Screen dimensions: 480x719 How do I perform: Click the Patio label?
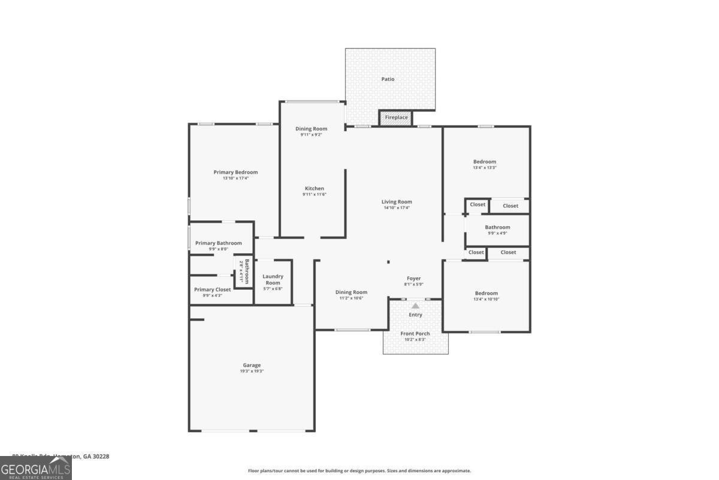(x=388, y=79)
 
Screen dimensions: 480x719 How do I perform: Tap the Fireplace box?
(x=396, y=118)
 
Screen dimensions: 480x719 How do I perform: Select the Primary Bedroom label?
(x=235, y=172)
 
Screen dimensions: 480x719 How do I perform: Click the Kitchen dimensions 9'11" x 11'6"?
(x=314, y=194)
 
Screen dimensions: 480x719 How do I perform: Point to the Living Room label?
(x=397, y=202)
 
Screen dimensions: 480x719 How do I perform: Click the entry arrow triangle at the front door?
(x=415, y=306)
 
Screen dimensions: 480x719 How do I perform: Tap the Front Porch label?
(x=415, y=334)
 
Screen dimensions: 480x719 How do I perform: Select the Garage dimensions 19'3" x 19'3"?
(x=252, y=371)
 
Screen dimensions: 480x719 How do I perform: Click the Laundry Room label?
(x=273, y=280)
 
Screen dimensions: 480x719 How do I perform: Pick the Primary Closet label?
(x=213, y=290)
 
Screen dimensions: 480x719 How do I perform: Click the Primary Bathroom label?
(x=219, y=243)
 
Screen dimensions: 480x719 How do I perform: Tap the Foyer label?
(x=413, y=278)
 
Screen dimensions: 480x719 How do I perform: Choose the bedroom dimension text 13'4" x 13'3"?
(x=484, y=168)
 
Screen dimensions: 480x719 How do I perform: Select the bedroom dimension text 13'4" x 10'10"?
(x=486, y=299)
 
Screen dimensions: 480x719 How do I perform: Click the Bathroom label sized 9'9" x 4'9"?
(x=497, y=227)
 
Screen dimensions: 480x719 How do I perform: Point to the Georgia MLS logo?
(x=35, y=467)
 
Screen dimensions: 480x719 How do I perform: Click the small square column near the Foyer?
(x=388, y=262)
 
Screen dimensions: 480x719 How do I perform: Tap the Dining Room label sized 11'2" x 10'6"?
(x=351, y=292)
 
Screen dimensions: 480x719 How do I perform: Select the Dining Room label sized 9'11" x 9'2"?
(x=311, y=129)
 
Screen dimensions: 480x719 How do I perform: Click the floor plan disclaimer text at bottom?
(x=359, y=471)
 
